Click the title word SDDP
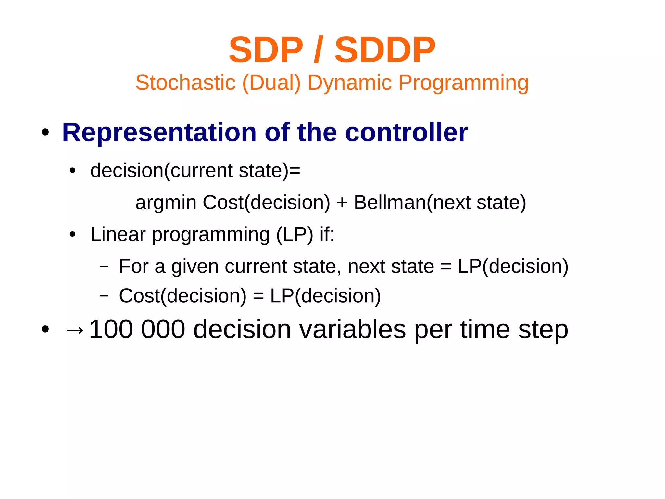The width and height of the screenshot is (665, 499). click(x=385, y=50)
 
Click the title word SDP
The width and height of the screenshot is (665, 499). click(x=266, y=50)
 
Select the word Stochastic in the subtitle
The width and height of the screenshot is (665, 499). click(x=185, y=83)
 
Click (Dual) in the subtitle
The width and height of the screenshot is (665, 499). click(x=271, y=83)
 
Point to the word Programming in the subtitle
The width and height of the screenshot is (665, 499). click(x=463, y=83)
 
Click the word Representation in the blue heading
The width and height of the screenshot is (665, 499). click(x=159, y=133)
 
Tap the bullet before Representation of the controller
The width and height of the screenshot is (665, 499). click(x=45, y=133)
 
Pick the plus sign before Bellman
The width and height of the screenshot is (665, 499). click(x=342, y=203)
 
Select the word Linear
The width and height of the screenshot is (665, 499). click(x=118, y=234)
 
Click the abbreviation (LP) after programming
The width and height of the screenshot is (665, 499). click(x=295, y=235)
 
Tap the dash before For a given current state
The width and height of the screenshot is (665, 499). click(x=104, y=267)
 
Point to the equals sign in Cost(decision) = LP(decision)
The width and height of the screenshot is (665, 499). click(x=258, y=296)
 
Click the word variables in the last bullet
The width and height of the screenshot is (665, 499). click(x=352, y=329)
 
